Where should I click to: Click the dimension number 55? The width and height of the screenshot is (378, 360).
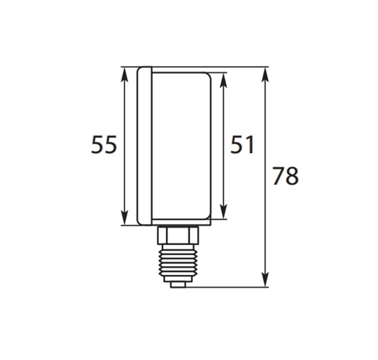[104, 144]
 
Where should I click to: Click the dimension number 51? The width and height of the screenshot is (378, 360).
[242, 144]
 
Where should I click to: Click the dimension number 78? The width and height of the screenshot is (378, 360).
[286, 176]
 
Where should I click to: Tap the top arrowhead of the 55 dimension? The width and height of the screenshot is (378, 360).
[124, 75]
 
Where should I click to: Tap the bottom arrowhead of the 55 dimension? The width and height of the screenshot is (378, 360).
[124, 217]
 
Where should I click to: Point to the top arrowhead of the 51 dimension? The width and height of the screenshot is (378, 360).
[224, 81]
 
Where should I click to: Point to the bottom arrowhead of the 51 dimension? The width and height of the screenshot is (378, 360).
[224, 211]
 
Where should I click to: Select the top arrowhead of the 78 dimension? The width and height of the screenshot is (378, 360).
[265, 75]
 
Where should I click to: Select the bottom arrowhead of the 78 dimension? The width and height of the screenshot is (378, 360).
[265, 279]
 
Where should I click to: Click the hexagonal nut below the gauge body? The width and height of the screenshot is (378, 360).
[178, 235]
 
